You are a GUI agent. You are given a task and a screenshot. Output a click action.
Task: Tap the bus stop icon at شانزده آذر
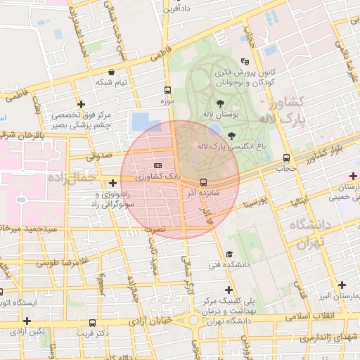(203, 181)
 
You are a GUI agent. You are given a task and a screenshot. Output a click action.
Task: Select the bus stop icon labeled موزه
(167, 90)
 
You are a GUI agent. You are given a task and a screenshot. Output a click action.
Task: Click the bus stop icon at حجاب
(285, 158)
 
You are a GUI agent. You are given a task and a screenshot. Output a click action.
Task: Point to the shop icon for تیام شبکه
(112, 72)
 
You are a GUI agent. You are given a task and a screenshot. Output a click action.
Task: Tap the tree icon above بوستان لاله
(221, 103)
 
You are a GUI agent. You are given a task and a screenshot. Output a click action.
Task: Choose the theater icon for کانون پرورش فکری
(245, 61)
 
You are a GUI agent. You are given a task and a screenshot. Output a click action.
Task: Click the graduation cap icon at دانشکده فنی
(229, 255)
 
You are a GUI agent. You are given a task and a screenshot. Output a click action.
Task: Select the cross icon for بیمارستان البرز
(342, 285)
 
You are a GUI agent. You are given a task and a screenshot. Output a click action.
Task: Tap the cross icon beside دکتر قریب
(90, 322)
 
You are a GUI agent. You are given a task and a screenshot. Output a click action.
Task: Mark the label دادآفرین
(176, 9)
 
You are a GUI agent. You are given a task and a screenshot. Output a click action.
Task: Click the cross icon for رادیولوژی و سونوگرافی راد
(112, 183)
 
